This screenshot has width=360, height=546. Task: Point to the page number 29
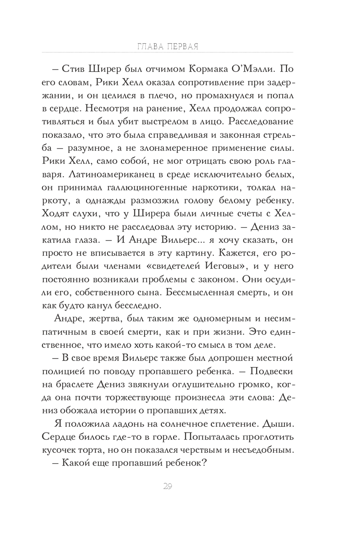(167, 487)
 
